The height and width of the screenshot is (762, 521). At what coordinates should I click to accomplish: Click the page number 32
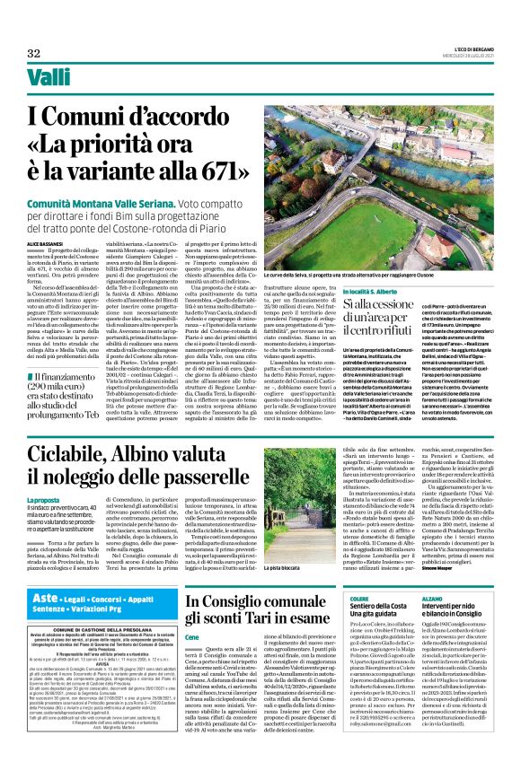tap(34, 53)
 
